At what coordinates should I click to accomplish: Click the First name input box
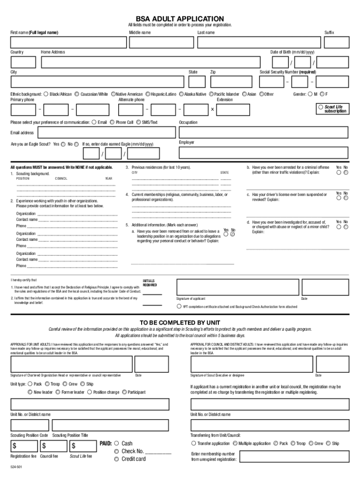point(69,43)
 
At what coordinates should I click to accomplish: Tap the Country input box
point(23,62)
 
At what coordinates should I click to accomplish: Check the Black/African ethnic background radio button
point(46,94)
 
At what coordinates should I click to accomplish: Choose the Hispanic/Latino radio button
point(148,94)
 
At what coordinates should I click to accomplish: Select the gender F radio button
point(322,94)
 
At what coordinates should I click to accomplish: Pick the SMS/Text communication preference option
point(138,123)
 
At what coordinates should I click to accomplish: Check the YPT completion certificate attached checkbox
point(179,307)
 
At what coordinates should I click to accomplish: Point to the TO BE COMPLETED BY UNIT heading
point(180,323)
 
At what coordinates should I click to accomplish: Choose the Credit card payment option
point(115,459)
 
